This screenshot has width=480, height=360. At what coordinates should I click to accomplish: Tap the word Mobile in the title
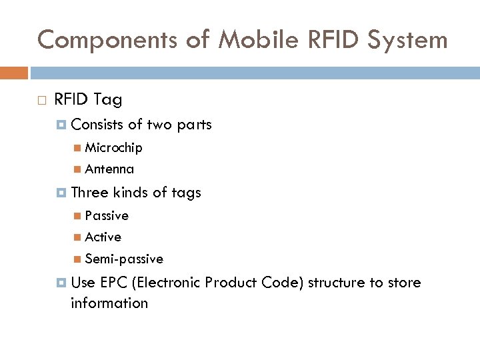coord(244,40)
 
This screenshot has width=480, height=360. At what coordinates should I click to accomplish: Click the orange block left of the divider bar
coord(14,72)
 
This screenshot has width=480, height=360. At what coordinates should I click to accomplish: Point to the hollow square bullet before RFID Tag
coord(42,101)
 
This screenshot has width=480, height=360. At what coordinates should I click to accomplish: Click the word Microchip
coord(113,147)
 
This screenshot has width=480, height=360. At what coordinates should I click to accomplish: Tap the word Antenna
coord(109,169)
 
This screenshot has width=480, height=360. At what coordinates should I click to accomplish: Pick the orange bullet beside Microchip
coord(78,148)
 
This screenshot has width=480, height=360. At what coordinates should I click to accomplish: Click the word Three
coord(89,193)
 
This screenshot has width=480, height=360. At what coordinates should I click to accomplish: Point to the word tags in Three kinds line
coord(186,193)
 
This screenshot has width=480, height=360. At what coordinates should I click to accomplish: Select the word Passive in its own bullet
coord(107,215)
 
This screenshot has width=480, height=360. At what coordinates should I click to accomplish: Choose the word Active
coord(103,237)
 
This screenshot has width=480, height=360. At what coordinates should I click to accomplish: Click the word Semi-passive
coord(124,259)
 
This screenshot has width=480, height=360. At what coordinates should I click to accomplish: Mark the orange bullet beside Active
coord(78,237)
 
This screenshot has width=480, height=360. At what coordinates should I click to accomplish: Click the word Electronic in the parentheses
coord(168,282)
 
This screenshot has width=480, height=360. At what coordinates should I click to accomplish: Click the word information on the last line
coord(109,303)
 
